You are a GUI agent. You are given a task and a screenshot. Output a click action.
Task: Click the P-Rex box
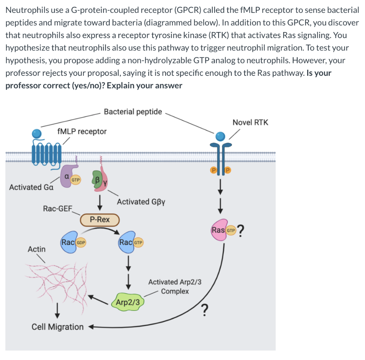coord(100,220)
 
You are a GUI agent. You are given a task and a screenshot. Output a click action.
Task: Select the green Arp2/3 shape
coord(129,302)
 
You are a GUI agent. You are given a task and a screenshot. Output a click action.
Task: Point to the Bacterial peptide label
coord(133,112)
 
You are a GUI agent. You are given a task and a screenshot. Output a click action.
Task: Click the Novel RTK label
coord(250,122)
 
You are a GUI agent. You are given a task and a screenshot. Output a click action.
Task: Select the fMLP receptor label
coord(82,131)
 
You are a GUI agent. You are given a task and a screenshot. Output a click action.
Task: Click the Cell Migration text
coord(57,327)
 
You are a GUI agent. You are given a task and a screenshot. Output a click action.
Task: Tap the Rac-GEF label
coord(57,208)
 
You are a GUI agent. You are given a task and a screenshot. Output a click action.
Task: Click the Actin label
coord(37,249)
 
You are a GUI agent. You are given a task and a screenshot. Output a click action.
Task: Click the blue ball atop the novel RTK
coord(221,136)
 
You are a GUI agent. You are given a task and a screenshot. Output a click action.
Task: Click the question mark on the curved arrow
coord(204,311)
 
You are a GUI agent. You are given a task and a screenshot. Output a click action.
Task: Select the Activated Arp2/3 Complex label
coord(175,287)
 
